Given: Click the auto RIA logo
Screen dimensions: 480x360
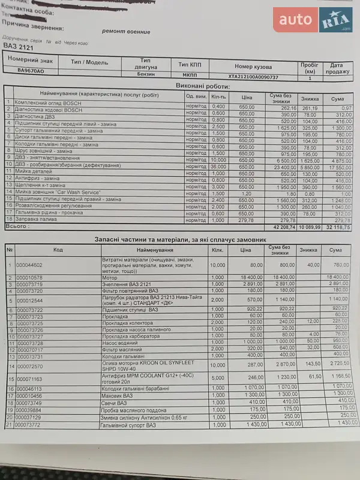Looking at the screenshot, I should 313,20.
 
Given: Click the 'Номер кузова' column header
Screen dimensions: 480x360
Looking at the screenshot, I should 253,67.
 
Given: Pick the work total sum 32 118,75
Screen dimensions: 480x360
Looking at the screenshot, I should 337,227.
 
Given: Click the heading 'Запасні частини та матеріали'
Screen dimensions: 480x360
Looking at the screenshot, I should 180,239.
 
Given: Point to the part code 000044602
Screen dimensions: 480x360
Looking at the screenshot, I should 29,264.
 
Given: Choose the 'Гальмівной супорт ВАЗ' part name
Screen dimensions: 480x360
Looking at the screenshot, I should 130,425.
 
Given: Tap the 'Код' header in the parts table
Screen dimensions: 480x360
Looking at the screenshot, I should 58,249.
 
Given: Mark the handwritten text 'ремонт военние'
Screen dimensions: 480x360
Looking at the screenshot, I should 125,32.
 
